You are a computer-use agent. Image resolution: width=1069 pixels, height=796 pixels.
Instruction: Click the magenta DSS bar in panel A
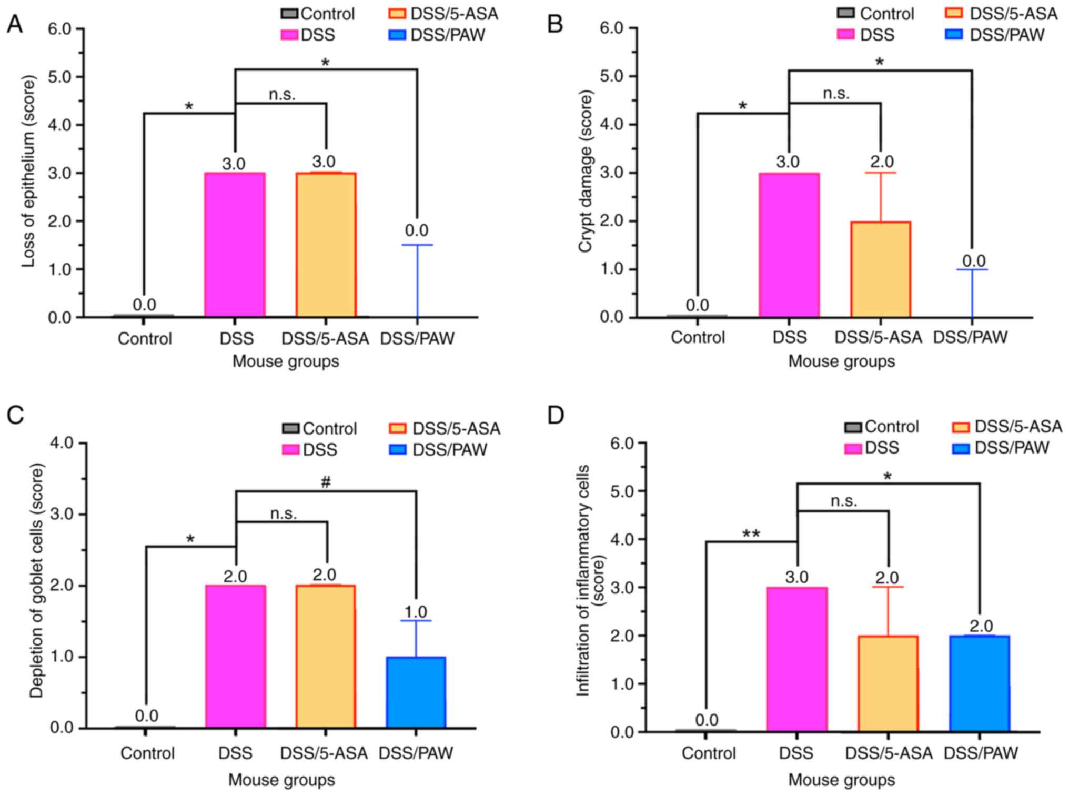click(235, 245)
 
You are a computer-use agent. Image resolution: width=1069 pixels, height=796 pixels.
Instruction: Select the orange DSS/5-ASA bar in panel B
click(881, 269)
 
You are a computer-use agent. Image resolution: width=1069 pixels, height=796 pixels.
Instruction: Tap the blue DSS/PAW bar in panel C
click(416, 692)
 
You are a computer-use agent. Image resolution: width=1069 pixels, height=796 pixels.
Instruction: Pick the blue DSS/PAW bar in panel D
click(980, 683)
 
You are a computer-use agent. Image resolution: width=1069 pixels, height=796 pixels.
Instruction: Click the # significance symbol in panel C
click(326, 481)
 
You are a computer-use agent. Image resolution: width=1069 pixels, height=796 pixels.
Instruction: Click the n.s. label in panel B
click(836, 94)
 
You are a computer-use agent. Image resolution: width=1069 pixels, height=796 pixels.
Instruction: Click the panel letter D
click(556, 415)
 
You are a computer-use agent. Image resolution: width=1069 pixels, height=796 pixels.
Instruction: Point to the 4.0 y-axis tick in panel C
click(62, 443)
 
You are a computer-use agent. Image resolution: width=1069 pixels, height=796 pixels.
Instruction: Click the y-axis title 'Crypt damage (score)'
click(585, 171)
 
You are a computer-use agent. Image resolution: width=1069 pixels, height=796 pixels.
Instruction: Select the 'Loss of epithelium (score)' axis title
click(28, 171)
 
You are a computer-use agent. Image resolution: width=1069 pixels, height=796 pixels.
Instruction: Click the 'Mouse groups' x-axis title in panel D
click(841, 780)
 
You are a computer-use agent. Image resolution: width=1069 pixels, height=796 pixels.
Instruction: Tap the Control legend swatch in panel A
click(289, 14)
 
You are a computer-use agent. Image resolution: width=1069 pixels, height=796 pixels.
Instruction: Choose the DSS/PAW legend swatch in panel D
click(961, 448)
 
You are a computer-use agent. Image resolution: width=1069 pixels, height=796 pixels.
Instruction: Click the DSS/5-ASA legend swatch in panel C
click(398, 429)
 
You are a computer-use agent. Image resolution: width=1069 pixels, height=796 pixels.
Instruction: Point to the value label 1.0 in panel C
click(416, 612)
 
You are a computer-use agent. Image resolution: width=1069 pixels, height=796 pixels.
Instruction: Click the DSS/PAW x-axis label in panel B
click(970, 337)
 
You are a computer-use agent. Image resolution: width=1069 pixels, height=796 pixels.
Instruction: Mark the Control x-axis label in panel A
click(145, 338)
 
